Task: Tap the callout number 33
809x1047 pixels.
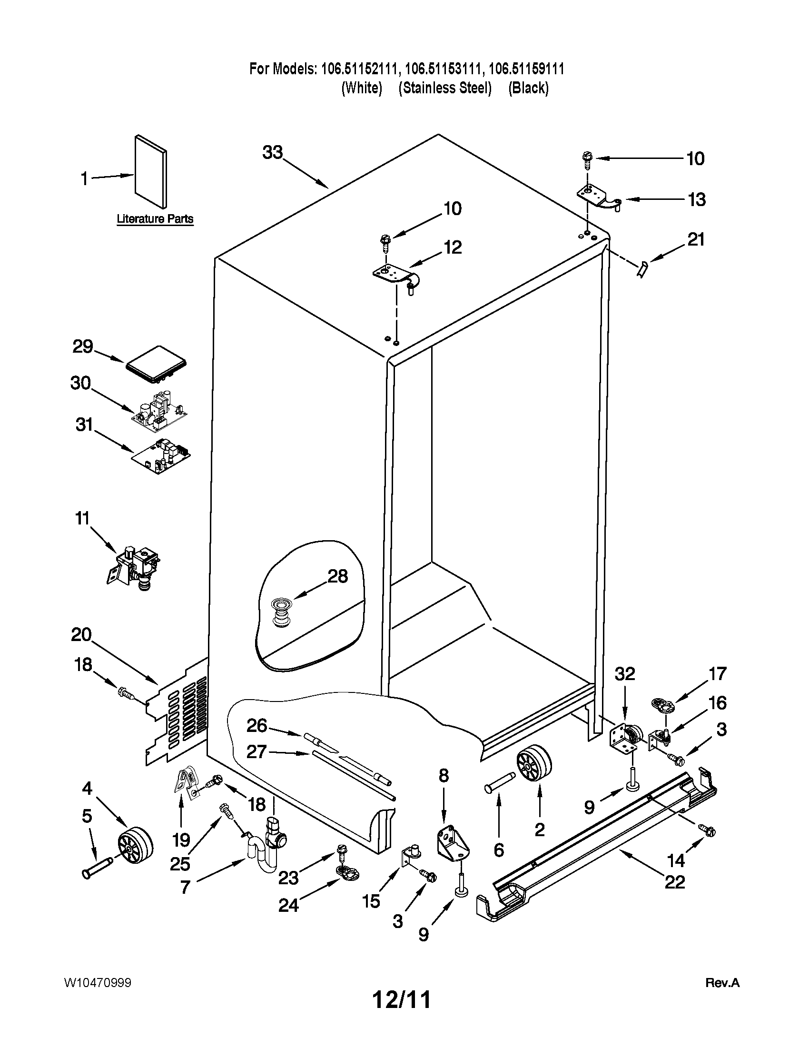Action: click(x=273, y=152)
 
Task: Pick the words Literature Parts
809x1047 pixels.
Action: click(x=155, y=219)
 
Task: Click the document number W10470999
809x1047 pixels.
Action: click(x=97, y=982)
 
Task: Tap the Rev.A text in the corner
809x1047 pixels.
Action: click(x=722, y=983)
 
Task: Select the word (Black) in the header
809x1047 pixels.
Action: click(x=528, y=88)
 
